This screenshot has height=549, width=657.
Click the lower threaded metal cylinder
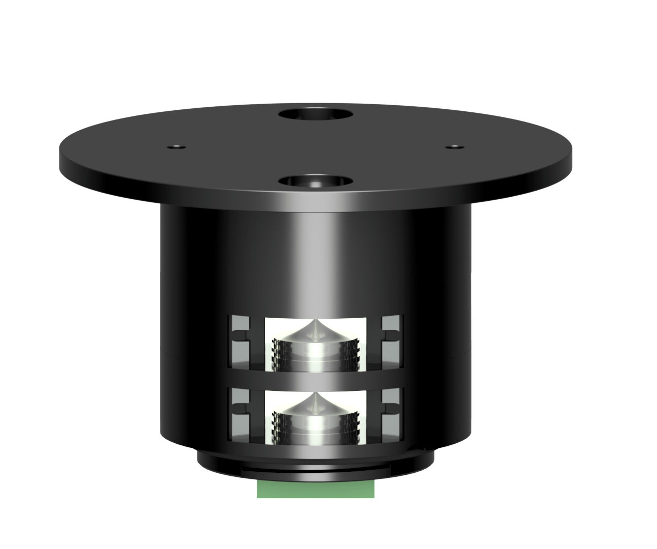(x=315, y=421)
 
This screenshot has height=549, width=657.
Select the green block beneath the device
(x=316, y=490)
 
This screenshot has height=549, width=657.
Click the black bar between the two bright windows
(x=316, y=379)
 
